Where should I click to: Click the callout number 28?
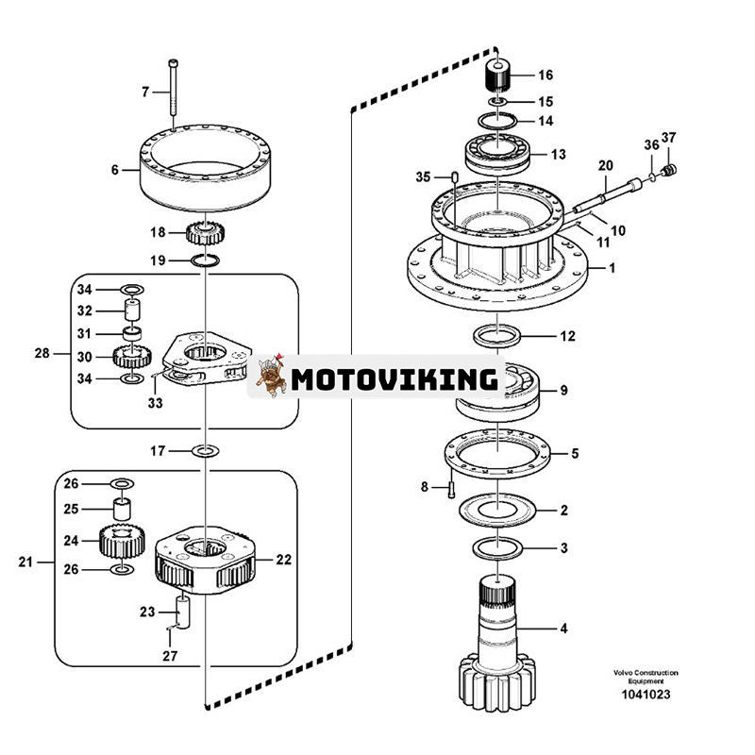click(42, 354)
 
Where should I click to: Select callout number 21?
click(25, 562)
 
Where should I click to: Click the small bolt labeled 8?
click(451, 489)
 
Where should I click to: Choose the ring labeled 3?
click(495, 546)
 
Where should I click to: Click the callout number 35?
click(423, 176)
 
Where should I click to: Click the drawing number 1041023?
click(645, 696)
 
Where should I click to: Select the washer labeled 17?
click(205, 451)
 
